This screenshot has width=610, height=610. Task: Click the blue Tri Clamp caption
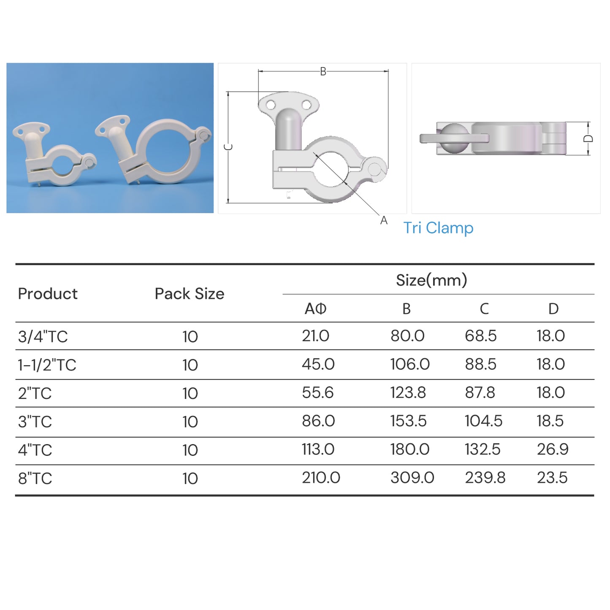click(x=438, y=228)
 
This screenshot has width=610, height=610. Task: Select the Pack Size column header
click(x=189, y=294)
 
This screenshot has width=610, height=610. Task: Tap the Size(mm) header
click(x=431, y=280)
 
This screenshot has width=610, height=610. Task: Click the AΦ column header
click(x=315, y=309)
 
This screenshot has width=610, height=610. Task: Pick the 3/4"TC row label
click(x=43, y=337)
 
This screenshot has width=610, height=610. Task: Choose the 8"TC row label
click(x=35, y=479)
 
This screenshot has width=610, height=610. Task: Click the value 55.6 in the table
click(x=317, y=393)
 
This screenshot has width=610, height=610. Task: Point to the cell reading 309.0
click(x=412, y=478)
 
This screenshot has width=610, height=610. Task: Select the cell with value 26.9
click(x=552, y=450)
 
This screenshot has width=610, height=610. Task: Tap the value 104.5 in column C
click(x=483, y=421)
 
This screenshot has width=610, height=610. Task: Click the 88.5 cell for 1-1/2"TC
click(x=480, y=364)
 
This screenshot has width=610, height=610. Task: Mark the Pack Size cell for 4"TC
click(x=190, y=450)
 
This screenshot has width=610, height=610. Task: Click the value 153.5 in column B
click(x=408, y=421)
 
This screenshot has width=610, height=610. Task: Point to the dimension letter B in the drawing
click(x=323, y=72)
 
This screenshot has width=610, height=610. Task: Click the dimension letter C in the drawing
click(x=228, y=147)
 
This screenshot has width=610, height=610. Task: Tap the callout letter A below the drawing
click(x=383, y=220)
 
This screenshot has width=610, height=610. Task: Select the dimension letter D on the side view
click(x=588, y=139)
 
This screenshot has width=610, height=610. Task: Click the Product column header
click(x=48, y=294)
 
